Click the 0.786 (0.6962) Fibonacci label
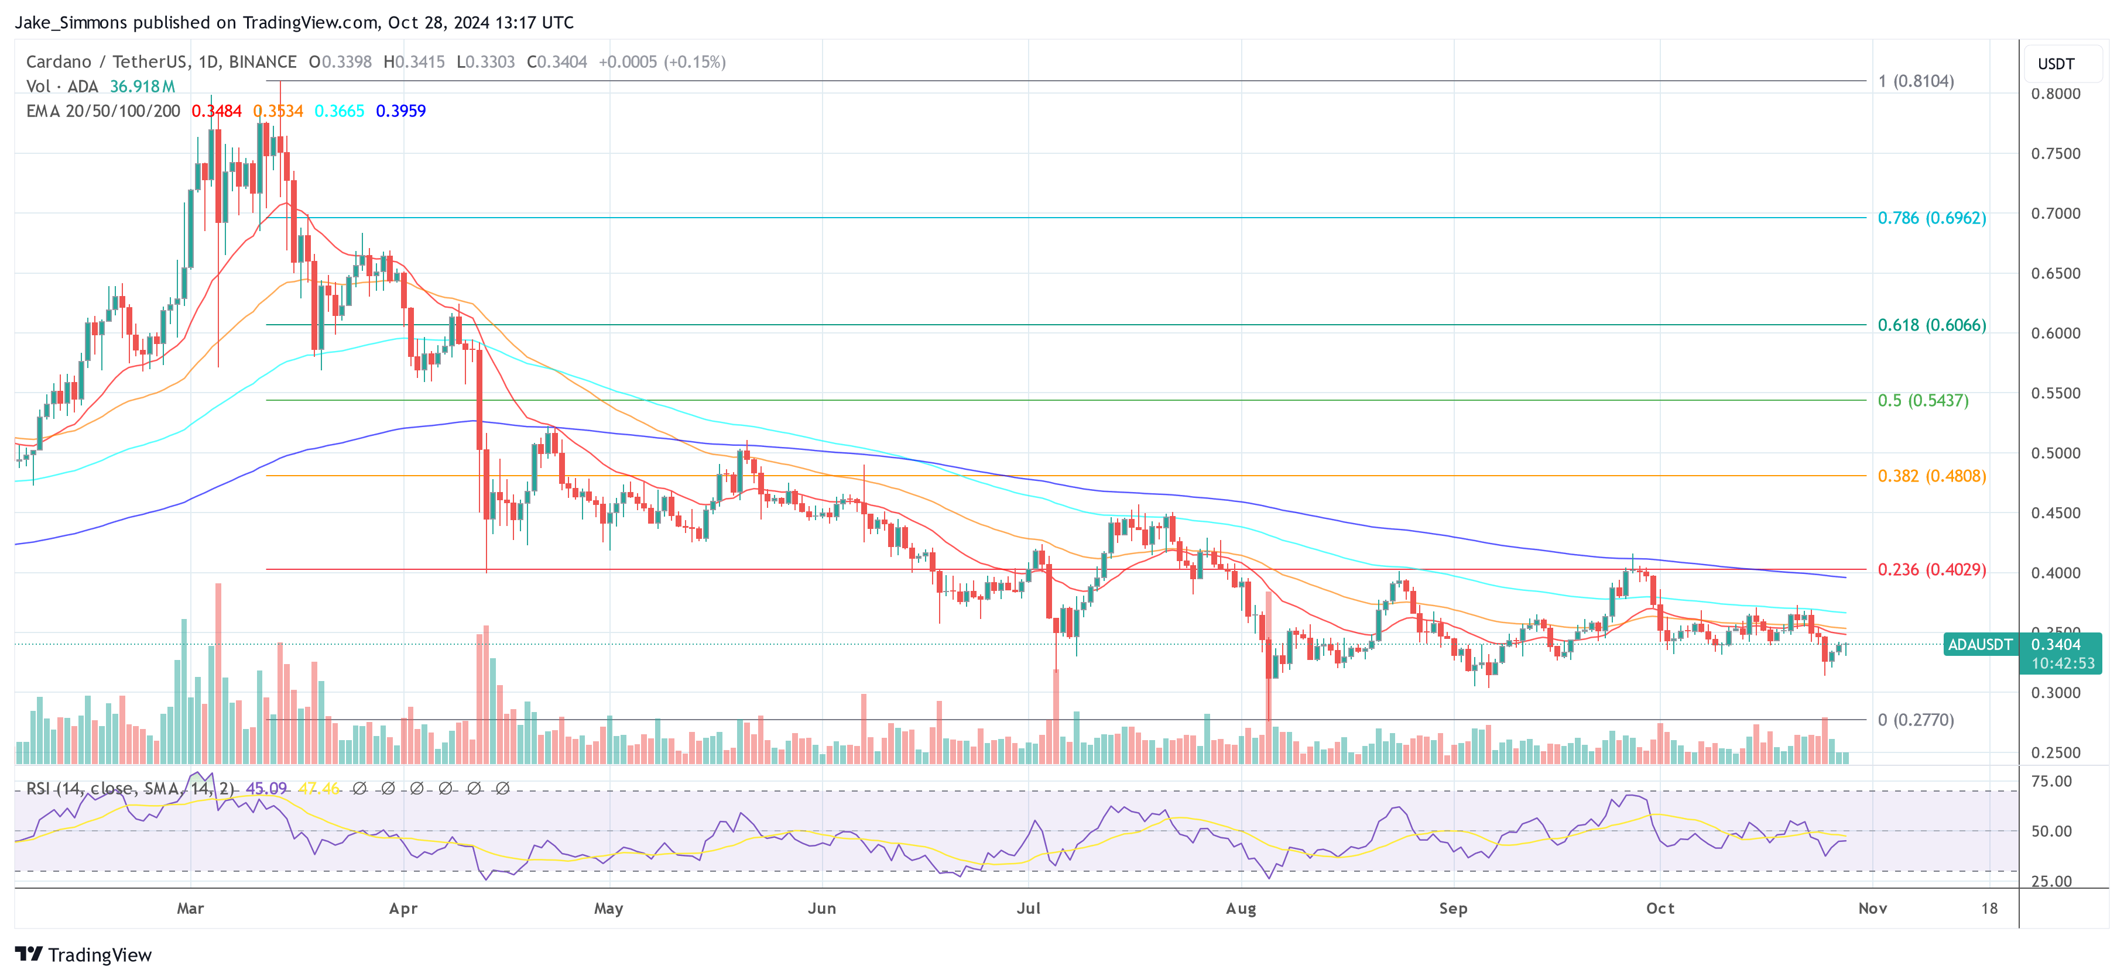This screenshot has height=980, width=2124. (1931, 218)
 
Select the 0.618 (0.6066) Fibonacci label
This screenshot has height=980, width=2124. (1931, 325)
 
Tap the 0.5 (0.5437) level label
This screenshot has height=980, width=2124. (1922, 401)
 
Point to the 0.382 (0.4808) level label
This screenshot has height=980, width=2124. (1931, 476)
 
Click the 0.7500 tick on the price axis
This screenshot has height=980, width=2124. (2055, 154)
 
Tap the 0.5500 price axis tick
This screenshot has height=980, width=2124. (2055, 394)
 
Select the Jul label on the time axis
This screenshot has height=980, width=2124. (1028, 908)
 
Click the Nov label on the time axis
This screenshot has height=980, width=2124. (1872, 908)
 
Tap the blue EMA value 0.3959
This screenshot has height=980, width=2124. (400, 111)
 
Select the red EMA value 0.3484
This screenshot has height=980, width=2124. (216, 111)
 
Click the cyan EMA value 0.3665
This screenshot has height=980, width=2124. (339, 111)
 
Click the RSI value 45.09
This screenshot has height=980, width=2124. (266, 789)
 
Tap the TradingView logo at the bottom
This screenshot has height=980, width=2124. (83, 954)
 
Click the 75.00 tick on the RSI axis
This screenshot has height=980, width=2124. (2051, 781)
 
